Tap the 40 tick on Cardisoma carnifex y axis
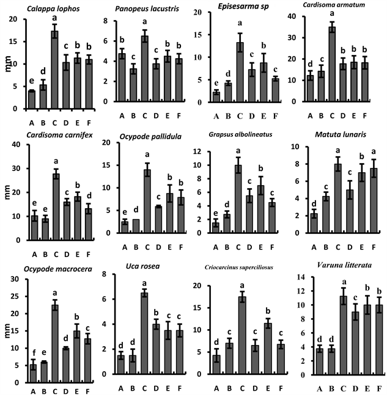[21, 145]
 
